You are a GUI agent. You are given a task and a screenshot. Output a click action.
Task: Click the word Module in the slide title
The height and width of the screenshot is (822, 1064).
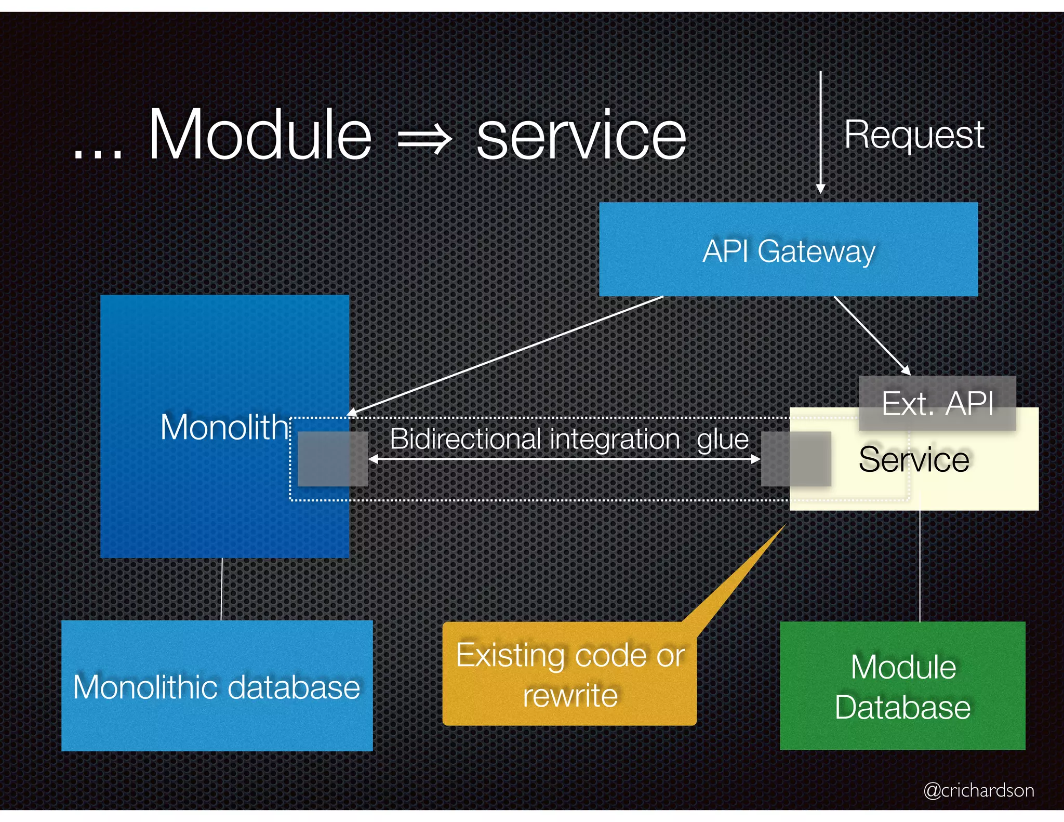[260, 135]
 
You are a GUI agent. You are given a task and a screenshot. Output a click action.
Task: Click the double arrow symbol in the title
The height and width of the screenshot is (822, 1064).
[424, 139]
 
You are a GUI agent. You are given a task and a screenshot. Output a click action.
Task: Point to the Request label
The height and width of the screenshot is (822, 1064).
[914, 135]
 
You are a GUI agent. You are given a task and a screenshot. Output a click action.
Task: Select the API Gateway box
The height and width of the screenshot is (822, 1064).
[788, 249]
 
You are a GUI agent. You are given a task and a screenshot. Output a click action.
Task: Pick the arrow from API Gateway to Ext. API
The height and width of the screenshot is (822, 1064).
[872, 335]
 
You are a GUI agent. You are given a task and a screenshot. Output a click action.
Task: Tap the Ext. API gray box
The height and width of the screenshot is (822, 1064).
[937, 403]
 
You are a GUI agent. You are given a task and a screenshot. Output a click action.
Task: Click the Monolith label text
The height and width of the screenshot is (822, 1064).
[223, 427]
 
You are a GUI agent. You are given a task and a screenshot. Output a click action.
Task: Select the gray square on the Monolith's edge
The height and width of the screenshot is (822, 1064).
[332, 459]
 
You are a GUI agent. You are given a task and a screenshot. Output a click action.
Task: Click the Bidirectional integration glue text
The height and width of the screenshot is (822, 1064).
[569, 439]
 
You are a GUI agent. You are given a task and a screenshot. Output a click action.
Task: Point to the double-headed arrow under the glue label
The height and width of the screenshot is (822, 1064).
[564, 459]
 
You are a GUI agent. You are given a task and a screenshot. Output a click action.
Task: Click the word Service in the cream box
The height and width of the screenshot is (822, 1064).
[914, 460]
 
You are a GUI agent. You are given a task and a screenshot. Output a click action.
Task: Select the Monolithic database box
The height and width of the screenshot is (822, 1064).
[217, 686]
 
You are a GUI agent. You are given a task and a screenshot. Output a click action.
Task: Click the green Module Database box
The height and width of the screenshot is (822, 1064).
[902, 686]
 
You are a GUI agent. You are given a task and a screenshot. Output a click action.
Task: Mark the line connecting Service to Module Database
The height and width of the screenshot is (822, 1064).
[920, 566]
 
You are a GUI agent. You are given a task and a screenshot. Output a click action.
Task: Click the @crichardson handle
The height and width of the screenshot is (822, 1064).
[978, 790]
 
